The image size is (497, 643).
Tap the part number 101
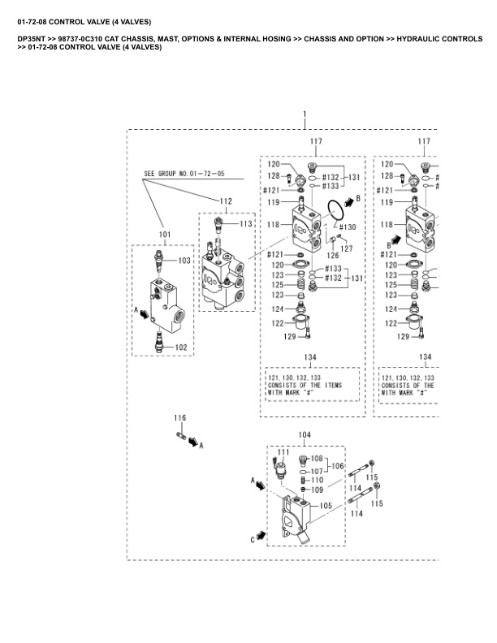[x=165, y=235]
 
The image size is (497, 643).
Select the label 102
[x=181, y=347]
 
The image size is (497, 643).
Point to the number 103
[x=184, y=261]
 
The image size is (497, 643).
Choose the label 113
[x=245, y=223]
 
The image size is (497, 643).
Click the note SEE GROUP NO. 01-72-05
[x=184, y=174]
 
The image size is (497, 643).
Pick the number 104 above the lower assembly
[x=304, y=436]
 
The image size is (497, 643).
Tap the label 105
[x=326, y=505]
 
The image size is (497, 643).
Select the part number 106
[x=337, y=465]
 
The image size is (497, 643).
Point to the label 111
[x=283, y=451]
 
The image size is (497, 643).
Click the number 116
[x=180, y=417]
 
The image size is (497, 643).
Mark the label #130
[x=347, y=227]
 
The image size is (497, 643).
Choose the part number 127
[x=347, y=248]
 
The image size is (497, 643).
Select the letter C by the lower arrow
[x=253, y=537]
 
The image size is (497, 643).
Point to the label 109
[x=317, y=490]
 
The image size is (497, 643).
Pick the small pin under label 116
[x=182, y=438]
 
